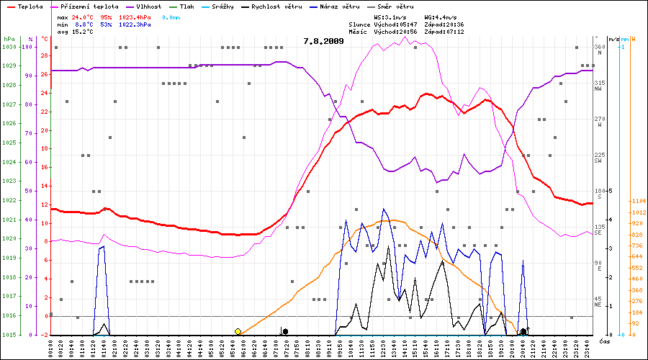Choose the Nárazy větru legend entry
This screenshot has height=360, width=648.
338,6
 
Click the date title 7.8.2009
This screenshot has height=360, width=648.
323,41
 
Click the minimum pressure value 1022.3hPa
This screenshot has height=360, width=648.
135,24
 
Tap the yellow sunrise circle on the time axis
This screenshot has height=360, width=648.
238,331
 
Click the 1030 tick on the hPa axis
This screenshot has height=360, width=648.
9,47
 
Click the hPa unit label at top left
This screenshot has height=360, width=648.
9,38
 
